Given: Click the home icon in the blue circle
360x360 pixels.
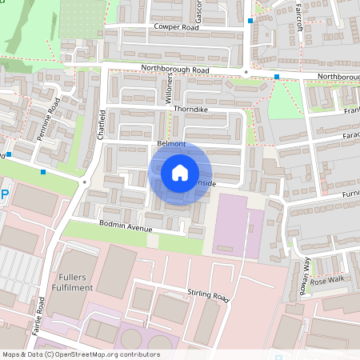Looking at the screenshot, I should pos(180,172).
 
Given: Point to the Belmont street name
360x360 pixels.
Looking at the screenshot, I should pos(171,144).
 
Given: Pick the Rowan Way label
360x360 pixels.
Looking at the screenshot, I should pos(305,275).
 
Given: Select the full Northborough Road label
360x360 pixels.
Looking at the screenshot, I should pos(174,70).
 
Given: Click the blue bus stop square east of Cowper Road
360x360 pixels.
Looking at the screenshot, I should pos(250,21).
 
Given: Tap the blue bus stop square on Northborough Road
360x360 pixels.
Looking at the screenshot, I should pos(277,77).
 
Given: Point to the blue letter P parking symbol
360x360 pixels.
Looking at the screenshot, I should pos(4,194).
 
